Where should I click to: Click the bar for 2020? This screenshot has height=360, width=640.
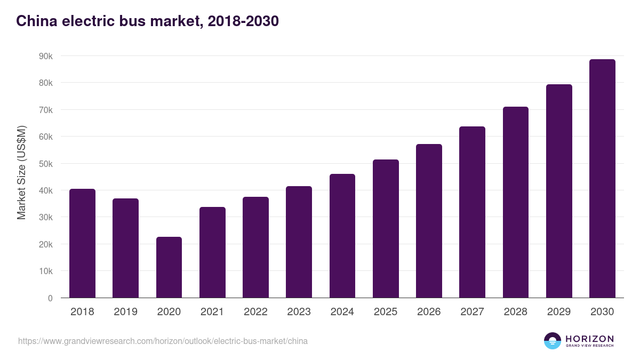tap(169, 267)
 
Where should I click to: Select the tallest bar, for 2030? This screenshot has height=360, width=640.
tap(602, 179)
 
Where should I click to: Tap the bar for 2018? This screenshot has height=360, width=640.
tap(82, 243)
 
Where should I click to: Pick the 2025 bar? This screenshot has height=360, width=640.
tap(386, 229)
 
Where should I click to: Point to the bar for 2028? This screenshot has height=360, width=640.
tap(516, 202)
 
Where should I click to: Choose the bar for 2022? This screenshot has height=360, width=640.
tap(255, 247)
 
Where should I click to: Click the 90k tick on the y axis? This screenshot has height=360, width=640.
tap(46, 56)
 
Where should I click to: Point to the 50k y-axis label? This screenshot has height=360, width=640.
tap(46, 164)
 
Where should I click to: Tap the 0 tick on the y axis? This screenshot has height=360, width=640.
tap(50, 298)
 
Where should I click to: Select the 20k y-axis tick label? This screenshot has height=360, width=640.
tap(46, 244)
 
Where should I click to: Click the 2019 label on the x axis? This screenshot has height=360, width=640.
tap(125, 312)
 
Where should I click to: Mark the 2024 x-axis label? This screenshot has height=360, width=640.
tap(342, 312)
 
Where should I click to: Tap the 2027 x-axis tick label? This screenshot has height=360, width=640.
tap(472, 312)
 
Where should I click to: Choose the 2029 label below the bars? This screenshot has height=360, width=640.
tap(559, 312)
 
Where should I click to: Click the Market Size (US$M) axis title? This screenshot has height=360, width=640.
tap(21, 172)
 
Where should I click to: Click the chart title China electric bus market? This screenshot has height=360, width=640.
tap(147, 21)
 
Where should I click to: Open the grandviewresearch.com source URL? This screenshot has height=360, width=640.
tap(163, 341)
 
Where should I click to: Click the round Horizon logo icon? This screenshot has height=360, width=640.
tap(553, 341)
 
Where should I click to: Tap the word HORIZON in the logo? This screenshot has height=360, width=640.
tap(589, 339)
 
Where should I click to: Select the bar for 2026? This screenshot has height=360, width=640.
tap(429, 221)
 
